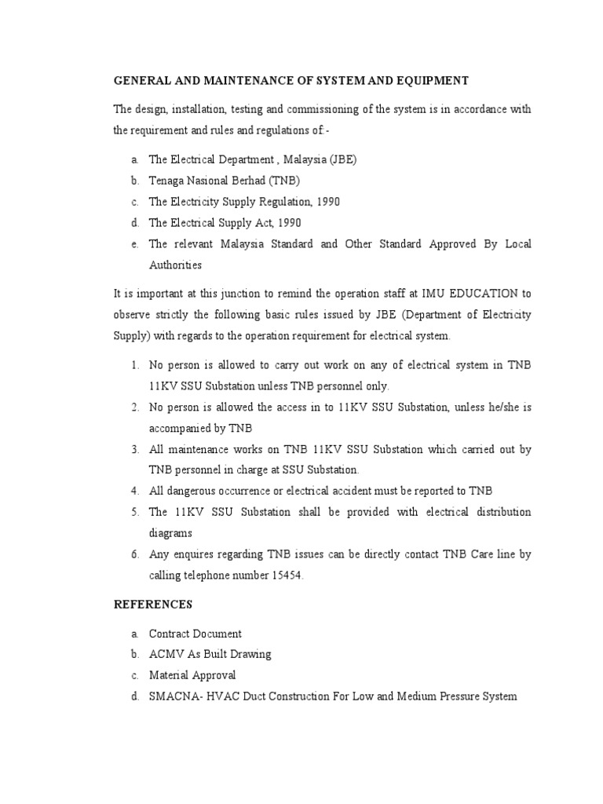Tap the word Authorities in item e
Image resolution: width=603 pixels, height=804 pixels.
coord(175,265)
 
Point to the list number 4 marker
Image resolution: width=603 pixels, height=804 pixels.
coord(135,491)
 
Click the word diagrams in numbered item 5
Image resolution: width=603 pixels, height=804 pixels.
coord(170,533)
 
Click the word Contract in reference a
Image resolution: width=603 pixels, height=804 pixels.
coord(169,634)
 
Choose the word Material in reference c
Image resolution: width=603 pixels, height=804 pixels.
coord(169,675)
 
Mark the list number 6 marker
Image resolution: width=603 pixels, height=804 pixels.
coord(135,554)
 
